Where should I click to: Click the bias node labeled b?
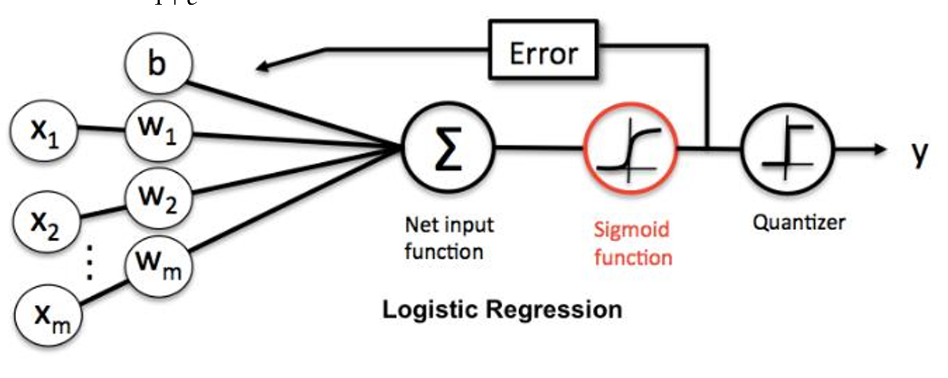pyautogui.click(x=158, y=63)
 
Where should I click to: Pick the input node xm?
pyautogui.click(x=49, y=317)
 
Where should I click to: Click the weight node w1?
pyautogui.click(x=158, y=128)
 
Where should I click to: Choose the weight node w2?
pyautogui.click(x=158, y=198)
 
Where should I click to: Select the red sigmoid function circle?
pyautogui.click(x=630, y=148)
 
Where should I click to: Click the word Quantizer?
pyautogui.click(x=798, y=222)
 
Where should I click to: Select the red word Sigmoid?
pyautogui.click(x=631, y=230)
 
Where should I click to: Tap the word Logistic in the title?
pyautogui.click(x=431, y=309)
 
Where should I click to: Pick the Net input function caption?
pyautogui.click(x=448, y=238)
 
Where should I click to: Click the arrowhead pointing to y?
pyautogui.click(x=880, y=149)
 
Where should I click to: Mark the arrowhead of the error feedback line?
pyautogui.click(x=264, y=67)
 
